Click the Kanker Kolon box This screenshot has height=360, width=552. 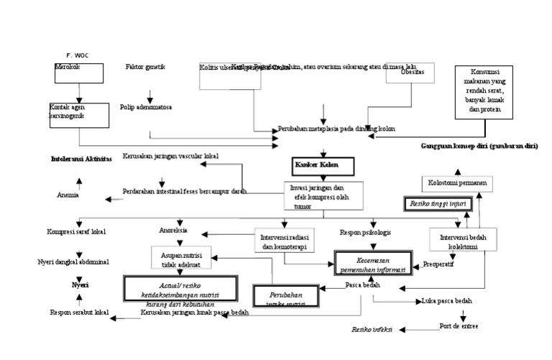point(323,167)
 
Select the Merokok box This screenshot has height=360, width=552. point(78,73)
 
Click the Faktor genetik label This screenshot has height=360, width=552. point(145,67)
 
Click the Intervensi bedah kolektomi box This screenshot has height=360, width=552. point(462,239)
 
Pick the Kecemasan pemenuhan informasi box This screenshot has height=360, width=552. point(372,264)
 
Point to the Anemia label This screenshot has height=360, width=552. point(68,195)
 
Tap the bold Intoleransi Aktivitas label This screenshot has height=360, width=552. point(81,159)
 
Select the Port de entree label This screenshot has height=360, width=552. point(458,326)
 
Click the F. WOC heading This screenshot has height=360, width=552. point(78,55)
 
